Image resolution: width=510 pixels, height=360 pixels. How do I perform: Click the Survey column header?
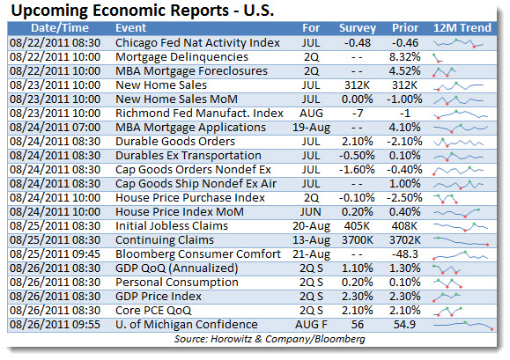tap(357, 28)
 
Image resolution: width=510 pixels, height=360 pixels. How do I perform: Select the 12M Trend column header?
tap(462, 28)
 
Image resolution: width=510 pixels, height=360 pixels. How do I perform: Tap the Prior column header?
tap(405, 28)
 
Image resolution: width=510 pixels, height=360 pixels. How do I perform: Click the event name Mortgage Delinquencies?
tap(181, 57)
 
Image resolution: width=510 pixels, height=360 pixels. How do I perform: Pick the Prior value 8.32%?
tap(405, 57)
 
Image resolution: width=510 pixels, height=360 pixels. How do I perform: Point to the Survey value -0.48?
tap(357, 43)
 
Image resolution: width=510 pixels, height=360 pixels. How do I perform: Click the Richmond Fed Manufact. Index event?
tap(199, 114)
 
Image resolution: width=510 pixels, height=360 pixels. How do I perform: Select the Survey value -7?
tap(357, 114)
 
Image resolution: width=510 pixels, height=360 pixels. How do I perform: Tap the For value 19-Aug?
tap(311, 128)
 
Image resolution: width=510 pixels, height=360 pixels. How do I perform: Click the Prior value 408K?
tap(405, 226)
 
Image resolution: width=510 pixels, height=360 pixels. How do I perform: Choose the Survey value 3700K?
tap(357, 240)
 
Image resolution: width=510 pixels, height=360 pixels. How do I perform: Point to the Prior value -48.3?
tap(405, 254)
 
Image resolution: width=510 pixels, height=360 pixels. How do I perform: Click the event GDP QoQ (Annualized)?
tap(177, 268)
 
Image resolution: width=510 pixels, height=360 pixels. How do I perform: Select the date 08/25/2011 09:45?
tap(55, 254)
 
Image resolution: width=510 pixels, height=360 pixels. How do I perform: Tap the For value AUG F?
tap(311, 325)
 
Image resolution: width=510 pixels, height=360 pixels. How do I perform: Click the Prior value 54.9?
tap(405, 325)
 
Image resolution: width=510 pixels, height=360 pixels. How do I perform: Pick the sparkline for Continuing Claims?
tap(461, 241)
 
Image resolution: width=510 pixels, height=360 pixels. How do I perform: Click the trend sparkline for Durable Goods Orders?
tap(458, 143)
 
